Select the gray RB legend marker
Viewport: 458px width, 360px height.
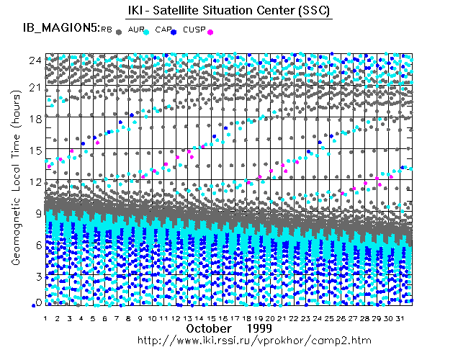119,31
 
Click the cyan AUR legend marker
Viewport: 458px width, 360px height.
146,31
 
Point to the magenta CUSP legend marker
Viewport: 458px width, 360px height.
210,31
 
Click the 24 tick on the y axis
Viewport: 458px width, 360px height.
34,60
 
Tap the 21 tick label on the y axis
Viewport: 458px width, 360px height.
34,86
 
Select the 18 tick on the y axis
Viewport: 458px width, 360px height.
34,118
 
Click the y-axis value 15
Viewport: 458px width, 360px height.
34,150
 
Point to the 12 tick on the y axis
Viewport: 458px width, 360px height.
34,181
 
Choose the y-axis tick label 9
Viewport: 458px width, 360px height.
37,213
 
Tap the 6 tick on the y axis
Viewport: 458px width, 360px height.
37,245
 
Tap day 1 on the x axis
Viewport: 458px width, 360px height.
45,318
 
